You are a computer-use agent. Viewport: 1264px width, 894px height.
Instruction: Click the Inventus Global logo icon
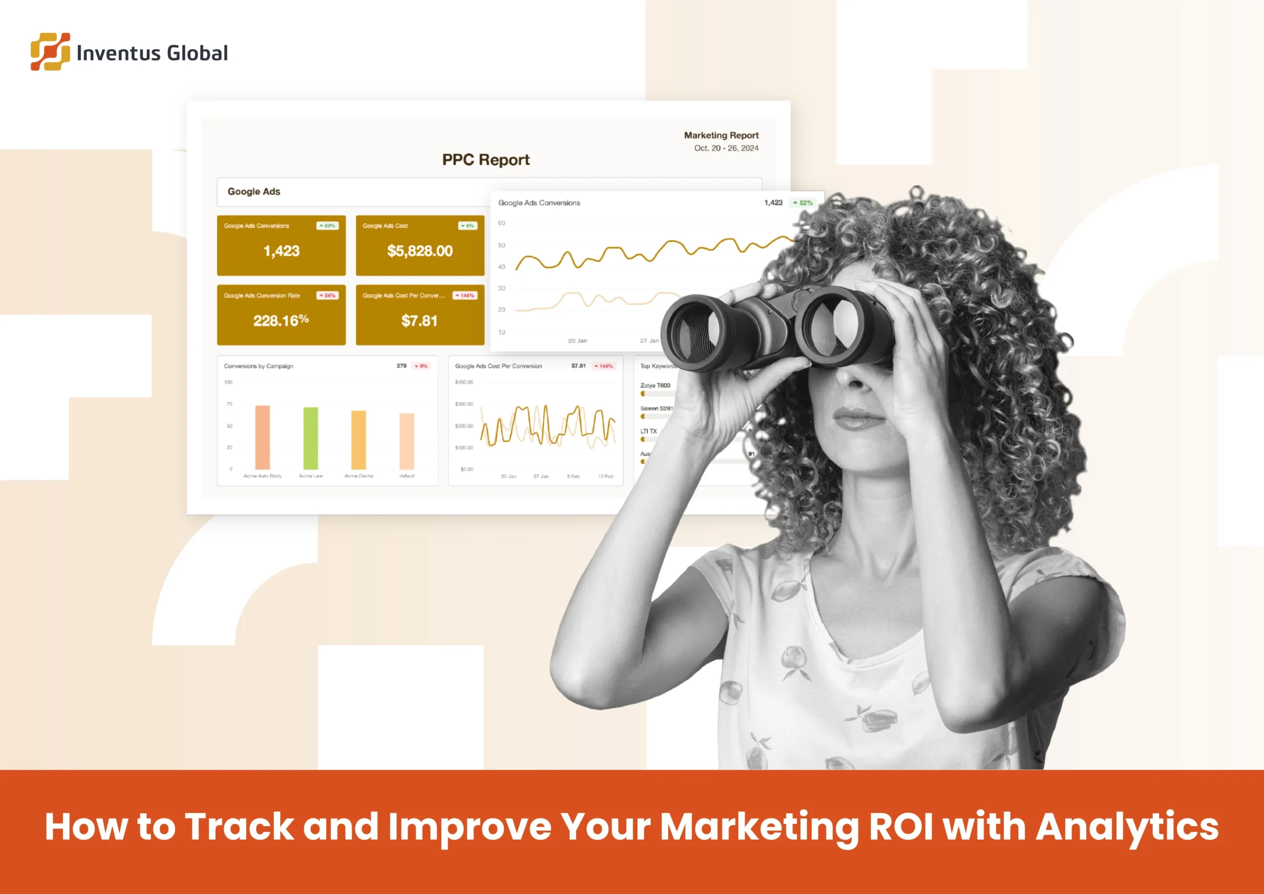[50, 52]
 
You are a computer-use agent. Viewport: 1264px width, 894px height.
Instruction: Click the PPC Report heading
[485, 159]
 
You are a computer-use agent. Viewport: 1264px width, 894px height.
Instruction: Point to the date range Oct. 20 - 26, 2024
[726, 148]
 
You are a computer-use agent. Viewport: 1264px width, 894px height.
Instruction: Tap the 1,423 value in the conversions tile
[281, 251]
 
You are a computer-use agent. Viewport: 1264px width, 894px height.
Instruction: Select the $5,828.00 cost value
[420, 251]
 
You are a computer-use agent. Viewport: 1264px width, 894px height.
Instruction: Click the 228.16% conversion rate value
[281, 320]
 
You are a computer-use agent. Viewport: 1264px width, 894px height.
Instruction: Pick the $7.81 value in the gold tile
[420, 320]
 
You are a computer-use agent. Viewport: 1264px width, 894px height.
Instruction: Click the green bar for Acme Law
[311, 438]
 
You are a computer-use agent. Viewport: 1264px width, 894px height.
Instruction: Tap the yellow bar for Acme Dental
[358, 439]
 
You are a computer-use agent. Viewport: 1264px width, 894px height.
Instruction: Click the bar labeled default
[407, 440]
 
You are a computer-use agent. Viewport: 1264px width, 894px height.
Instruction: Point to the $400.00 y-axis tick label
[464, 382]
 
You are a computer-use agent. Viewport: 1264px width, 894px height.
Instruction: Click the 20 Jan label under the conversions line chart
[578, 341]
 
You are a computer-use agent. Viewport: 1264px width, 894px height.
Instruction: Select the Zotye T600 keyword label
[655, 386]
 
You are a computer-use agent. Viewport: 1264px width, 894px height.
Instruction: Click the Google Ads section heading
[254, 192]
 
